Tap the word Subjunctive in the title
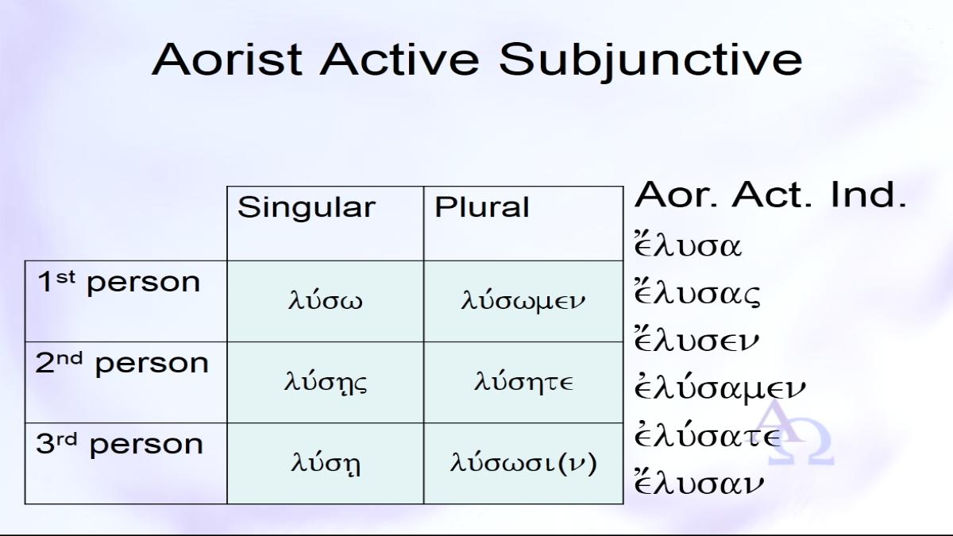(650, 62)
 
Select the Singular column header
(307, 207)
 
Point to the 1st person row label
(118, 282)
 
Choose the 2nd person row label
(122, 363)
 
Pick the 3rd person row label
(120, 444)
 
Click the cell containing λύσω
(326, 301)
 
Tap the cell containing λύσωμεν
(523, 301)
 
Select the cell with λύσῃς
(326, 382)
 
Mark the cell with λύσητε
(523, 381)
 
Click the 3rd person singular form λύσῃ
(326, 463)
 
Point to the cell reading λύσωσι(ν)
(523, 462)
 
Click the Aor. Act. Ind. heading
(770, 195)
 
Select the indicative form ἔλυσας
(697, 292)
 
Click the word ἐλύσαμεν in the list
(720, 388)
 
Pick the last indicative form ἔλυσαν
(699, 481)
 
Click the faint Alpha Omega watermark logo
(797, 433)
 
